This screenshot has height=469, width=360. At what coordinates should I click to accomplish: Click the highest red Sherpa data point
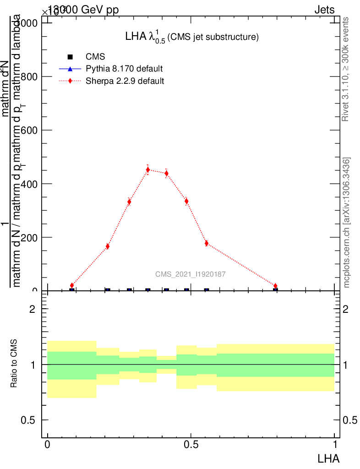[147, 170]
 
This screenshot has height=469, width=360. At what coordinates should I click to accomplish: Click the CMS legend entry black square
[70, 57]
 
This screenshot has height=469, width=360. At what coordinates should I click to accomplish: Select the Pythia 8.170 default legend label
[124, 69]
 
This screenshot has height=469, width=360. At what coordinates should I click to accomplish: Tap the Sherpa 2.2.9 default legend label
[125, 81]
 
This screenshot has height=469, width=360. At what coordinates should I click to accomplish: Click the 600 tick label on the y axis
[27, 130]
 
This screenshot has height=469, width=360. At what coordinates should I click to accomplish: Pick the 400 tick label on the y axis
[27, 184]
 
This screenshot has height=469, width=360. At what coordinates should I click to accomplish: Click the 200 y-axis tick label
[27, 237]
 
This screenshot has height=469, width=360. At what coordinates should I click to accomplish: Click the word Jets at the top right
[324, 10]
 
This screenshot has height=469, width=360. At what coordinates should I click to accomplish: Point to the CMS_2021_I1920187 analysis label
[190, 274]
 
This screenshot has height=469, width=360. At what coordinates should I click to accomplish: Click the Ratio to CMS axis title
[14, 364]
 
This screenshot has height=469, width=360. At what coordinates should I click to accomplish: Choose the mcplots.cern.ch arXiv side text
[347, 223]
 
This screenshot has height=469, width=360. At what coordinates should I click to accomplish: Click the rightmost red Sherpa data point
[275, 286]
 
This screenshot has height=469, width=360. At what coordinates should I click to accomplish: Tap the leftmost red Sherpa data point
[72, 285]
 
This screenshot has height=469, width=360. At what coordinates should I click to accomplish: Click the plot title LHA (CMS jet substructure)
[192, 37]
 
